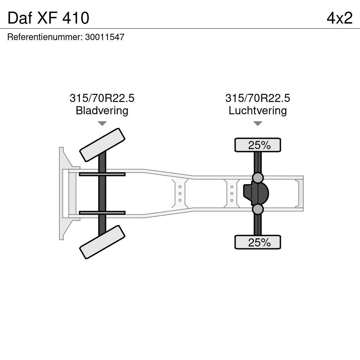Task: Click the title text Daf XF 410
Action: tap(48, 18)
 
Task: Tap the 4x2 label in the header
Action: tap(339, 18)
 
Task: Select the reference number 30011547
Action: tap(105, 37)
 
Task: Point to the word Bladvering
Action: tap(102, 110)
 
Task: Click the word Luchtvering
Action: tap(258, 110)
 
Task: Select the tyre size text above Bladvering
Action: tap(102, 98)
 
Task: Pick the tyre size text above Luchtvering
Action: tap(258, 98)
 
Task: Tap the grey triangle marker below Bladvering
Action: tap(102, 123)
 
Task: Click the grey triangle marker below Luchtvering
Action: tap(258, 123)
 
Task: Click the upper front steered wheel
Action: tap(102, 144)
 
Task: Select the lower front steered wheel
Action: tap(102, 242)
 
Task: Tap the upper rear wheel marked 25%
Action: tap(258, 145)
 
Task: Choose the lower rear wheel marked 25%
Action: tap(258, 242)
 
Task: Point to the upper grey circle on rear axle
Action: tap(258, 178)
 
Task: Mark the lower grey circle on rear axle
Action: tap(258, 210)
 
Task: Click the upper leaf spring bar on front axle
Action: tap(102, 174)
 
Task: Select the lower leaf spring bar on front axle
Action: tap(102, 213)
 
